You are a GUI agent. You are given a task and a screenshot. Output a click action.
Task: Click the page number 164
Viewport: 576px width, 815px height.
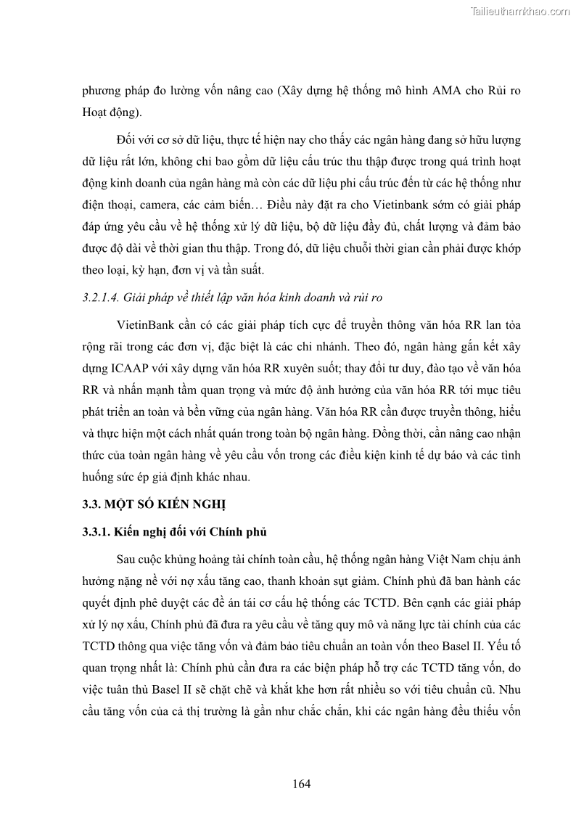tap(302, 784)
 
